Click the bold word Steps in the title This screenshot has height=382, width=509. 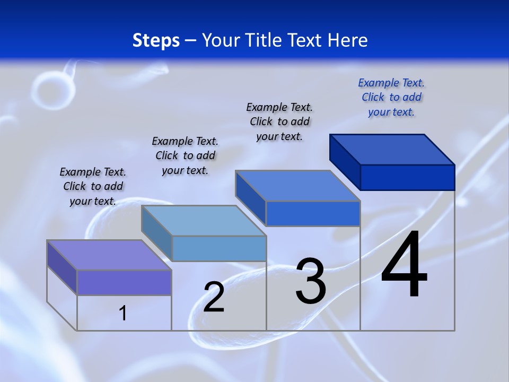coord(156,40)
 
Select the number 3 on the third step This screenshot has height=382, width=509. coord(311,282)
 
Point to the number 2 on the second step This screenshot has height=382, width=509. coord(214,297)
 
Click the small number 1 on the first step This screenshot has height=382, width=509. coord(122,313)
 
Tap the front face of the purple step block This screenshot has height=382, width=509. coord(124,282)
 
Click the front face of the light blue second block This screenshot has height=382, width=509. coord(219,248)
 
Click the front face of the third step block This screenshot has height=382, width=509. coord(313,214)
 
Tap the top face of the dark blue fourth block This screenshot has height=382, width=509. coord(392,149)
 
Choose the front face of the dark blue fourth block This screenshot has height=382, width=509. coord(407,177)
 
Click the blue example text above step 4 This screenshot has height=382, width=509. coord(391,97)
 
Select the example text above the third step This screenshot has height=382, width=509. coord(279,121)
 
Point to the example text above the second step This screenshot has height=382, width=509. coord(185,155)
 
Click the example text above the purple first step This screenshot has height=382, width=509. coord(93,186)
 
